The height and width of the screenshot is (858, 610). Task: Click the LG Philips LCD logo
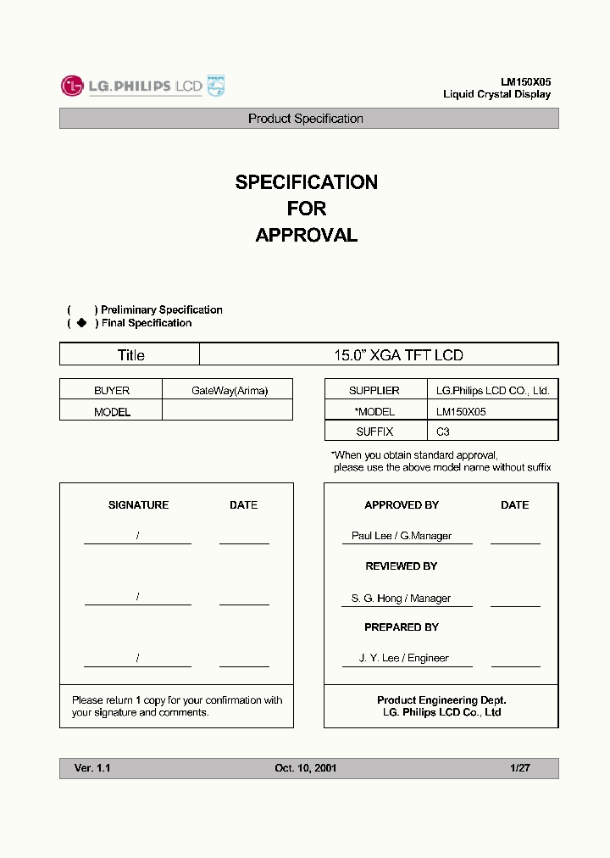click(141, 86)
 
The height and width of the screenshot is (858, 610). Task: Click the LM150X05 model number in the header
click(525, 82)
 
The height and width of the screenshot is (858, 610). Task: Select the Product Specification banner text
click(306, 119)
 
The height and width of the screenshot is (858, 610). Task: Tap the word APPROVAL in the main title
click(306, 236)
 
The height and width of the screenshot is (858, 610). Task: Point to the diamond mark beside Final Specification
click(81, 323)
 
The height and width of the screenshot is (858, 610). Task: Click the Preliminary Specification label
click(161, 310)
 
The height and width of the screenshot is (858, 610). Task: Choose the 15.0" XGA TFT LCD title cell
click(398, 355)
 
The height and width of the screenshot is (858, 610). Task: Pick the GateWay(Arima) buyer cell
click(229, 391)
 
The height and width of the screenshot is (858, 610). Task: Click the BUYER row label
click(112, 391)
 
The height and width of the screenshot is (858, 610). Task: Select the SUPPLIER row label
click(374, 391)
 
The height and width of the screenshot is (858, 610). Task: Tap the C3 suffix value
click(443, 432)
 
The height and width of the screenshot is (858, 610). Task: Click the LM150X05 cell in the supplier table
click(461, 411)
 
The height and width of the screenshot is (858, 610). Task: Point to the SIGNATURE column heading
click(138, 505)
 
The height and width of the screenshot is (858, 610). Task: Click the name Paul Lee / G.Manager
click(402, 536)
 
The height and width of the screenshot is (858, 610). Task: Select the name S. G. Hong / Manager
click(401, 599)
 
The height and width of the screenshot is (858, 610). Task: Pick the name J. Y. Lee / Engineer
click(403, 658)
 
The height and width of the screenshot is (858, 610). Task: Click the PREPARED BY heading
click(402, 627)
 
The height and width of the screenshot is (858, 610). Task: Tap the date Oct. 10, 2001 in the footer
click(306, 768)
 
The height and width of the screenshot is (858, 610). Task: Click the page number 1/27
click(520, 768)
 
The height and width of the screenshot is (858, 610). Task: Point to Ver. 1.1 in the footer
click(92, 768)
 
